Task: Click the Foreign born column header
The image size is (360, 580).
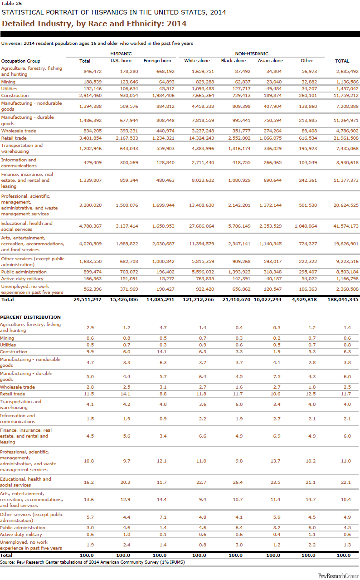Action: click(x=157, y=61)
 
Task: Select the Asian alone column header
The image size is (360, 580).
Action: click(x=270, y=61)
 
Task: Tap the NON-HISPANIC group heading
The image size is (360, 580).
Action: click(x=252, y=54)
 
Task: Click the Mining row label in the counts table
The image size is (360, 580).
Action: click(x=8, y=82)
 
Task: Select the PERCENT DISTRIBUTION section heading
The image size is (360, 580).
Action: click(x=30, y=317)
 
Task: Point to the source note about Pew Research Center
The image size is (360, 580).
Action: click(x=92, y=562)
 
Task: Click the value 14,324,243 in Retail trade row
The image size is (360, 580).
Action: click(x=199, y=138)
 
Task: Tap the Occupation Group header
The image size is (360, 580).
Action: click(x=20, y=61)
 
